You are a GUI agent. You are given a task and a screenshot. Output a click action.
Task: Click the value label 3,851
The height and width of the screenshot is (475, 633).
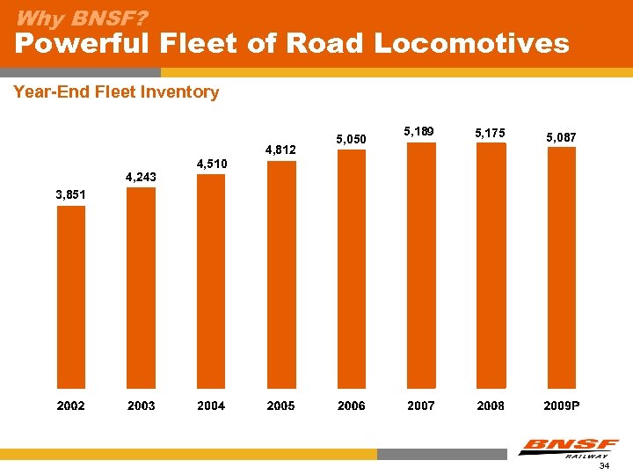coord(71,194)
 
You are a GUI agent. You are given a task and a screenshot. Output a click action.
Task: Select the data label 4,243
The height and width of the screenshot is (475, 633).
coord(142,177)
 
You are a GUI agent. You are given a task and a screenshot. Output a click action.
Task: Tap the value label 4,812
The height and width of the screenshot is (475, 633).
coord(281,150)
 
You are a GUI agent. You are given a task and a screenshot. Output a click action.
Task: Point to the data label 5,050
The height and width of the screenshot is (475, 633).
coord(352,138)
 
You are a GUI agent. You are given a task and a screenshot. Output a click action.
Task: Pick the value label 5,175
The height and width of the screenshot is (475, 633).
coord(491,133)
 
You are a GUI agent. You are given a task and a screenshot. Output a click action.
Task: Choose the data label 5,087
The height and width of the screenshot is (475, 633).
coord(561,137)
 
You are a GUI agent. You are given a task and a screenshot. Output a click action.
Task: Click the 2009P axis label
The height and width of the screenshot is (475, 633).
coord(561,406)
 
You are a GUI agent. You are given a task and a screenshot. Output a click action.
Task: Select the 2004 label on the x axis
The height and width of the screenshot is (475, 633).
coord(211,406)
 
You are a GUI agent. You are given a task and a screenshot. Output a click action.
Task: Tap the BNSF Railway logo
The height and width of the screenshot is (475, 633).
coord(568,448)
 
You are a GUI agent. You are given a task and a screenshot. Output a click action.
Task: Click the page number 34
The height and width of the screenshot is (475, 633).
coord(604,466)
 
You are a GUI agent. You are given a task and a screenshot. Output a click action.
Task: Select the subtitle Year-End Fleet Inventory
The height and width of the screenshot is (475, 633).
coord(116,91)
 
